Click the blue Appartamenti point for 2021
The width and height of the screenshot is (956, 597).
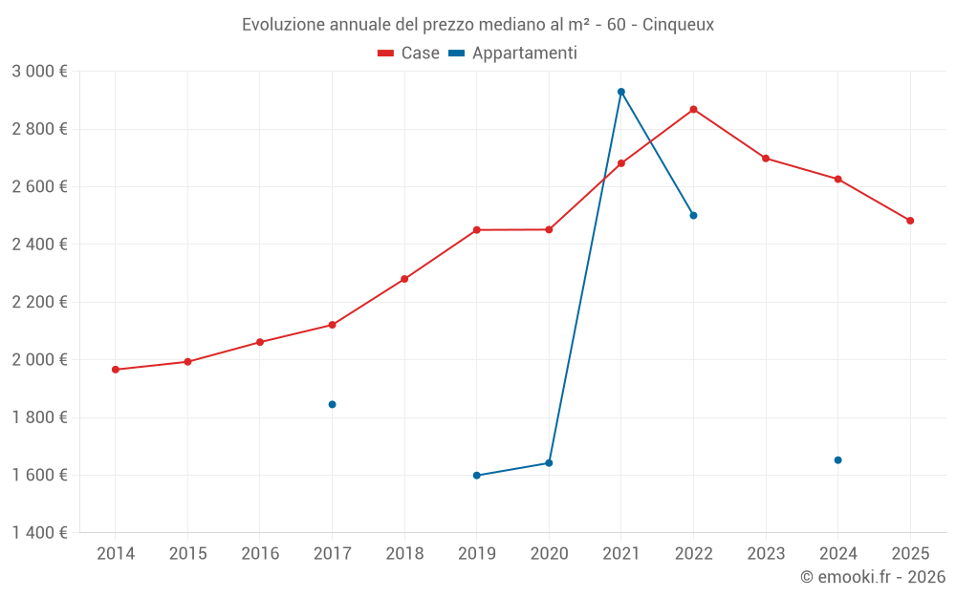[x=621, y=92]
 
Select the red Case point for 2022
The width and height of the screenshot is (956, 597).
[x=693, y=109]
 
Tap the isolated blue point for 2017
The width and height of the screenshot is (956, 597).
[x=332, y=404]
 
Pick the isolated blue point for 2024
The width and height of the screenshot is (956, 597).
[x=837, y=459]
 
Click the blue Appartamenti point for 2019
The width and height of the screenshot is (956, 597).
[x=476, y=475]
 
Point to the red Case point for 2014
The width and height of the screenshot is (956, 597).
[x=116, y=370]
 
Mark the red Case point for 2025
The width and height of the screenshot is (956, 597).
[x=910, y=221]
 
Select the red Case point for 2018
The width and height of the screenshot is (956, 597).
[x=404, y=279]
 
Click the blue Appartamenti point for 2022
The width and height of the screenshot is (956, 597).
[x=693, y=215]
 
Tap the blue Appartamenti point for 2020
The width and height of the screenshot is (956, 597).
[x=549, y=462]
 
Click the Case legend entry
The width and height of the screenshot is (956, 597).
[x=409, y=53]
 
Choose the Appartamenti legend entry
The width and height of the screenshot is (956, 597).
[x=513, y=53]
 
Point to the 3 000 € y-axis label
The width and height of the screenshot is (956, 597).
[x=39, y=72]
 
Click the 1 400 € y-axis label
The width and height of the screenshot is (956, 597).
[x=39, y=533]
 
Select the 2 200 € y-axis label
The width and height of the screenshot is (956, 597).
[x=39, y=302]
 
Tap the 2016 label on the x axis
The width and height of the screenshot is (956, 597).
[x=260, y=554]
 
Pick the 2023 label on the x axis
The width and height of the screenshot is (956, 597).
[x=766, y=554]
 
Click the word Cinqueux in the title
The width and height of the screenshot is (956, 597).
[x=678, y=25]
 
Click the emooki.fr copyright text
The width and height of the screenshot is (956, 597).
[x=872, y=577]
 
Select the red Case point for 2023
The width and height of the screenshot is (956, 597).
[x=766, y=158]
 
